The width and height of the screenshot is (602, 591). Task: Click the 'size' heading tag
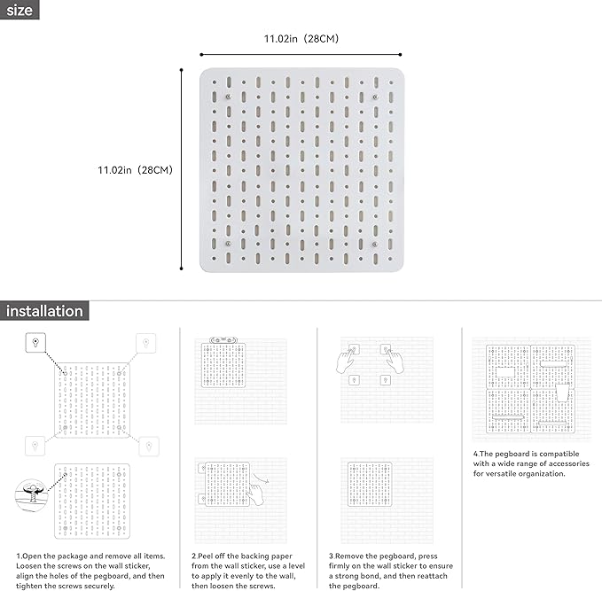click(x=20, y=10)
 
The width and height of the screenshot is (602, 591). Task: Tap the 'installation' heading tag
click(x=44, y=311)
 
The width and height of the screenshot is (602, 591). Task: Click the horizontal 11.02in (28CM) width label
click(x=301, y=39)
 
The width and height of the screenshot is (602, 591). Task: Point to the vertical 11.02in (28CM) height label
click(x=135, y=170)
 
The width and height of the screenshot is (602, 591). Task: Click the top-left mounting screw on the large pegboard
click(x=228, y=97)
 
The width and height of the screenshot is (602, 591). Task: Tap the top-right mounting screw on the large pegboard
click(x=375, y=97)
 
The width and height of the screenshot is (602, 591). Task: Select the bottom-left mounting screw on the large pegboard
click(x=228, y=244)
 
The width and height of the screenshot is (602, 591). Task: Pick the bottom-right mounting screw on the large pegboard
click(x=375, y=244)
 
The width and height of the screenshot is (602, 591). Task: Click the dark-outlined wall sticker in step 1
click(x=35, y=342)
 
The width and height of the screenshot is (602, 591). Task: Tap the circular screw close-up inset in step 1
click(x=32, y=494)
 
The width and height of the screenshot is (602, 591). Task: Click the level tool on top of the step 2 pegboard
click(x=223, y=340)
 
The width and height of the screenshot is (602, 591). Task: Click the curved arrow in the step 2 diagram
click(x=261, y=478)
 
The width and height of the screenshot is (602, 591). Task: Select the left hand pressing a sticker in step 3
click(x=346, y=360)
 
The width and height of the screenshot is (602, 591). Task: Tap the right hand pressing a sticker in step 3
click(x=395, y=360)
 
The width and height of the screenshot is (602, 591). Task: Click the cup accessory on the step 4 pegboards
click(x=562, y=393)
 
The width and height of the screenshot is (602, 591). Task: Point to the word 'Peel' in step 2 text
click(x=206, y=556)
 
